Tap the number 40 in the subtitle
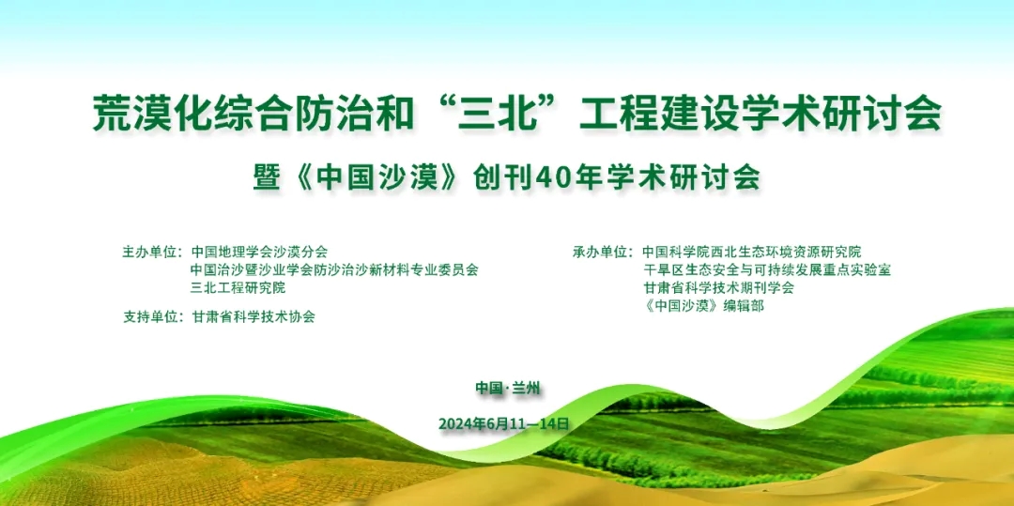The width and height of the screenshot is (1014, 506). tap(557, 177)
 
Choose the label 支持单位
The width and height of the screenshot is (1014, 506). tap(150, 317)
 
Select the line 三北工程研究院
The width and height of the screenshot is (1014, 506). tap(238, 287)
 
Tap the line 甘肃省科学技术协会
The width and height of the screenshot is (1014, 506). tap(253, 317)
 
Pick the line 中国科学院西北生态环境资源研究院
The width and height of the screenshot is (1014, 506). tap(752, 252)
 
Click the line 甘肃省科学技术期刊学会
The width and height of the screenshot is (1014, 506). tap(718, 287)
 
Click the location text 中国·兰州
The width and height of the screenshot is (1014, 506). tap(507, 388)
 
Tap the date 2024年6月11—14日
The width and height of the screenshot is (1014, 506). tap(504, 424)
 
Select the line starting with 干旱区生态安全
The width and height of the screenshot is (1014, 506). tap(767, 269)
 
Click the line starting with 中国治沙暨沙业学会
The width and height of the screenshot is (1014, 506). tap(334, 269)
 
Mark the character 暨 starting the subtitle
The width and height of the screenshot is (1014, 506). tap(266, 177)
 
